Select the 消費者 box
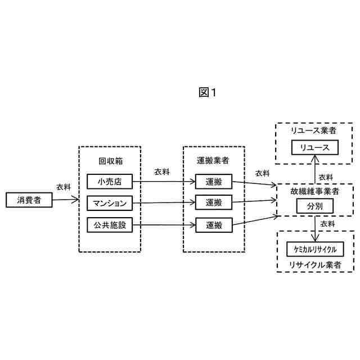(29, 200)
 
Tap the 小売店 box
(110, 182)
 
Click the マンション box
(110, 202)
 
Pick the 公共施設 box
(110, 225)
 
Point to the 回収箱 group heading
(110, 161)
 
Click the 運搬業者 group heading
(214, 161)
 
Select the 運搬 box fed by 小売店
(214, 182)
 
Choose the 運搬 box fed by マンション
(214, 202)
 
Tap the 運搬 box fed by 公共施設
(214, 225)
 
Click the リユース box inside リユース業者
(314, 147)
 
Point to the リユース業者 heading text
(314, 130)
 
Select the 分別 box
(315, 206)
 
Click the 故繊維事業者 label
(315, 191)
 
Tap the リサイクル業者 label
(314, 264)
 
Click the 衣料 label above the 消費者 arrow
(64, 187)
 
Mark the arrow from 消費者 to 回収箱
(65, 199)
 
